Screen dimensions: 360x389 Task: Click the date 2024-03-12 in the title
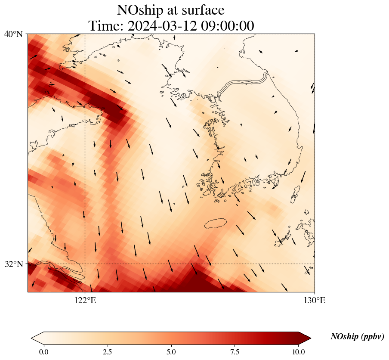pyautogui.click(x=161, y=26)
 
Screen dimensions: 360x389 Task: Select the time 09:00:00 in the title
pyautogui.click(x=226, y=26)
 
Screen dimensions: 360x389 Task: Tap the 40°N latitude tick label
pyautogui.click(x=14, y=34)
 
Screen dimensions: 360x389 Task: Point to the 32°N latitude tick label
pyautogui.click(x=14, y=264)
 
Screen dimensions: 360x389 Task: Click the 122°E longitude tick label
pyautogui.click(x=85, y=300)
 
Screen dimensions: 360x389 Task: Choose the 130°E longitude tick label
pyautogui.click(x=315, y=300)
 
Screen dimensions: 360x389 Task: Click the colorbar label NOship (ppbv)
pyautogui.click(x=357, y=337)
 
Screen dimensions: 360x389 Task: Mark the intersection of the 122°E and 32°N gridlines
pyautogui.click(x=85, y=264)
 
